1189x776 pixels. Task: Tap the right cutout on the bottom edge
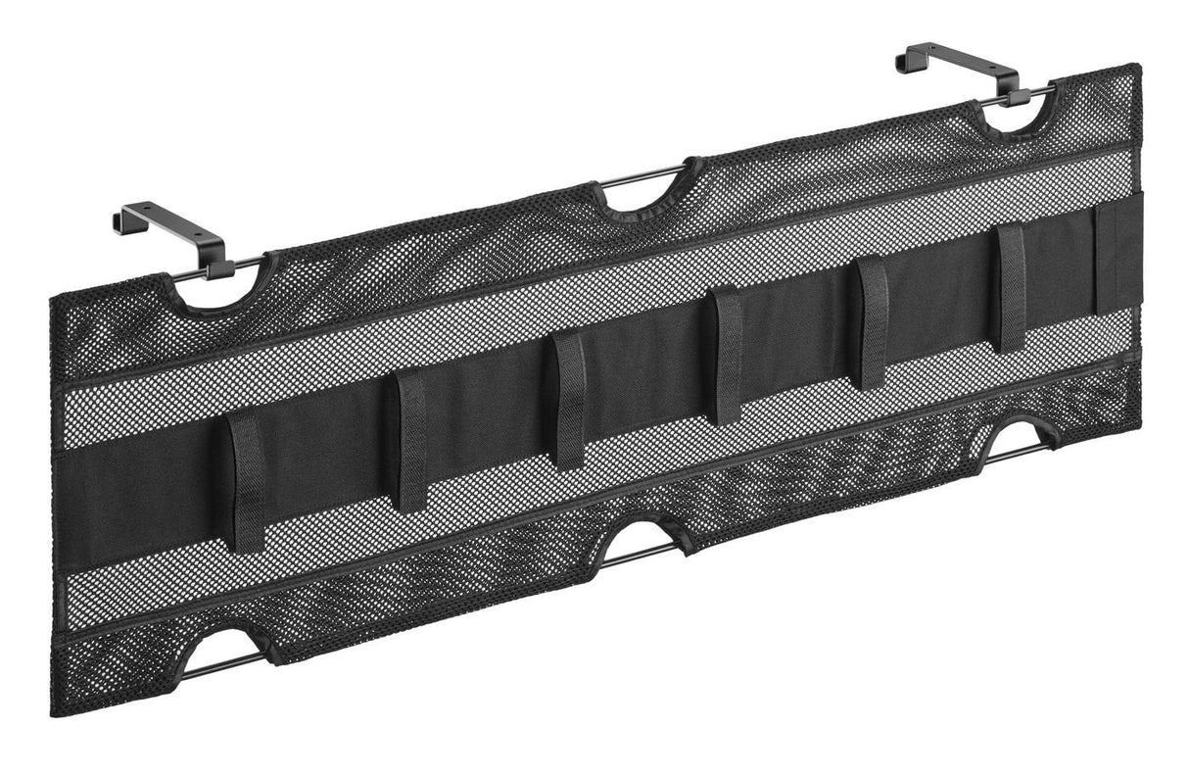click(x=1019, y=437)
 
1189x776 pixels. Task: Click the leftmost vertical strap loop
click(x=247, y=480)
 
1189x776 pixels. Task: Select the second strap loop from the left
click(x=411, y=440)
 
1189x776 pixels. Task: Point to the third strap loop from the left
click(x=569, y=400)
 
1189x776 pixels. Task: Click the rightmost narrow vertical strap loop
click(x=1011, y=288)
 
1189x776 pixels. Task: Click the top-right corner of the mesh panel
click(x=1136, y=68)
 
